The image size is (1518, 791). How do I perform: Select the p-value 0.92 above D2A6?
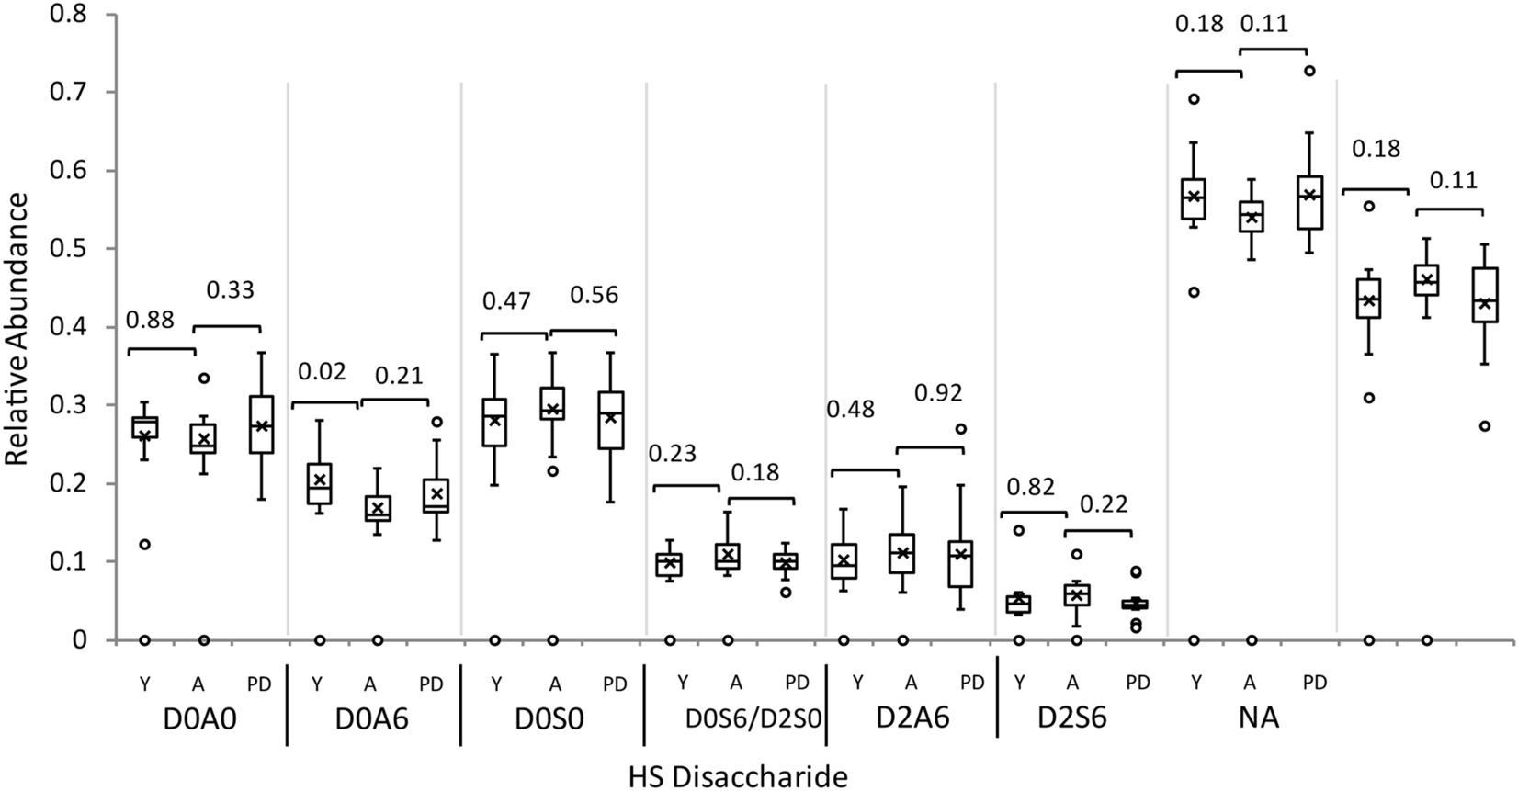938,393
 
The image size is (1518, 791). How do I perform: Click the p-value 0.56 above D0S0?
594,296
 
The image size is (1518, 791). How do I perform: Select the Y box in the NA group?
1195,198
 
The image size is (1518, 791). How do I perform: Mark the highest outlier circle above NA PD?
1310,71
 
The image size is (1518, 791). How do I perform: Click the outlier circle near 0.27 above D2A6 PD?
961,429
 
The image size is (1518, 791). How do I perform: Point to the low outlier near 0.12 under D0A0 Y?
144,545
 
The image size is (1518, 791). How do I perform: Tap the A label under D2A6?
912,683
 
